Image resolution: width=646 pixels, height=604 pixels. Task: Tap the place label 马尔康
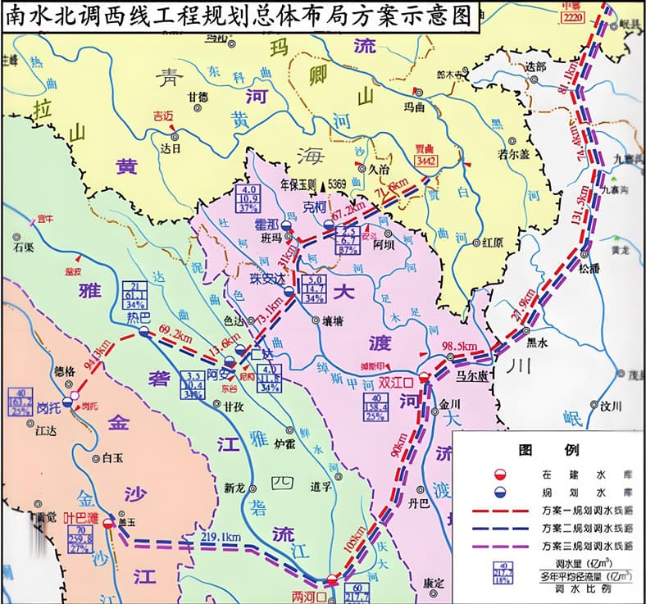[473, 376]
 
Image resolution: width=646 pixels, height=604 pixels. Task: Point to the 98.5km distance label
[459, 347]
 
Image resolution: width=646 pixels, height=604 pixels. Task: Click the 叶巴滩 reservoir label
[82, 519]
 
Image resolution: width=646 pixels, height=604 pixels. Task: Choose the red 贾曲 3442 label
[425, 156]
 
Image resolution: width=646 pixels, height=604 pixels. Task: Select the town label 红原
[492, 243]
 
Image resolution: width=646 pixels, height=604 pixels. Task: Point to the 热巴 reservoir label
[140, 316]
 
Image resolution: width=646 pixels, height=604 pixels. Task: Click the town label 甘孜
[234, 406]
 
